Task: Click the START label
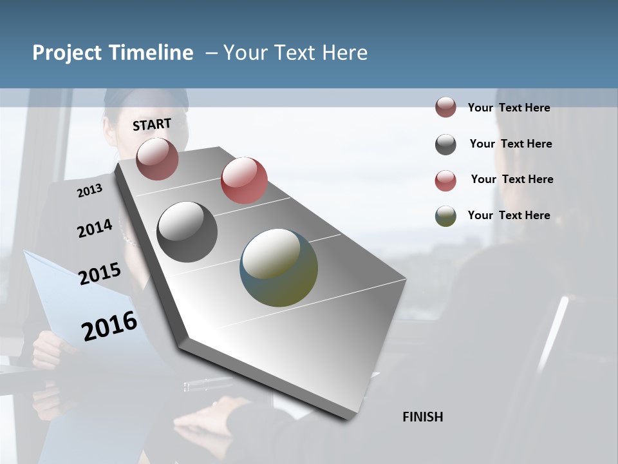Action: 152,124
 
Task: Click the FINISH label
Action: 422,417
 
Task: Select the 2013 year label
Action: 89,191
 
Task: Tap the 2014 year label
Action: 95,228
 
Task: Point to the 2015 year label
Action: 100,274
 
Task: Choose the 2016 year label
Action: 109,326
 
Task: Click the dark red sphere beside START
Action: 157,159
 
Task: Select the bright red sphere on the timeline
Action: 244,180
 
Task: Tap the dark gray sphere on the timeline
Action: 187,232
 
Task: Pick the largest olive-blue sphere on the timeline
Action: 279,267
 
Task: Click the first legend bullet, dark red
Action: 445,108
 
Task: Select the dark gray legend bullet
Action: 445,144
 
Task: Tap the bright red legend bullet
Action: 445,180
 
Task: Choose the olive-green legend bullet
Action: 445,216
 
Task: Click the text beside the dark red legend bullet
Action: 509,108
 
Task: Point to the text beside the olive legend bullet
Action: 509,215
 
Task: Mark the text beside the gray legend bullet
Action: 510,144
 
